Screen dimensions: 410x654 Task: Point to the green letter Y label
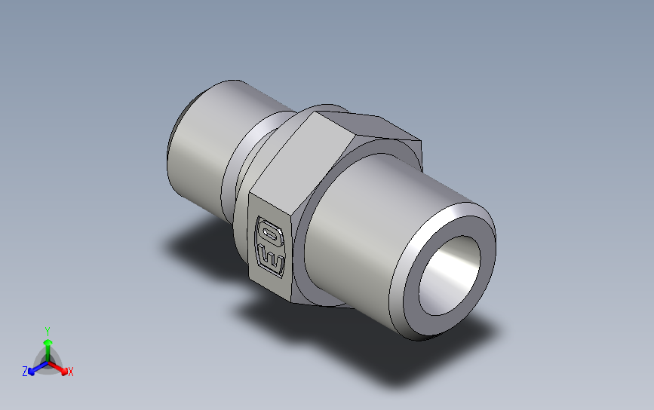coord(47,331)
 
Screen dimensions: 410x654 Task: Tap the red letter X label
coord(70,372)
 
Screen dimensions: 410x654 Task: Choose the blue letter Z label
coord(24,372)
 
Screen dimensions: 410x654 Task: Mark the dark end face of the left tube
coord(172,136)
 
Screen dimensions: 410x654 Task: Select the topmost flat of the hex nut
coord(362,124)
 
